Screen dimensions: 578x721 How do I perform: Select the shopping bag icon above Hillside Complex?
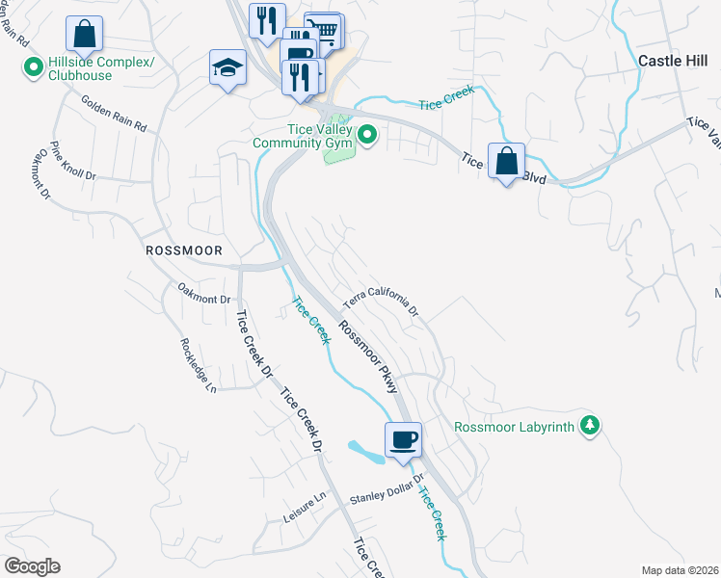pyautogui.click(x=85, y=35)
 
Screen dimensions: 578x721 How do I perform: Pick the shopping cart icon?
pyautogui.click(x=326, y=30)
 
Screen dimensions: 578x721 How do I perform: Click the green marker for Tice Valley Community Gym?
pyautogui.click(x=367, y=136)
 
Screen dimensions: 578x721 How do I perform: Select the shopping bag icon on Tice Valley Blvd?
pyautogui.click(x=506, y=160)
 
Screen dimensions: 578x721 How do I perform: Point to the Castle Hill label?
pyautogui.click(x=674, y=60)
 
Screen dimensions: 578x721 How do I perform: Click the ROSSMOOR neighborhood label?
pyautogui.click(x=183, y=250)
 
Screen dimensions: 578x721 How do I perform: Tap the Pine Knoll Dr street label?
pyautogui.click(x=74, y=161)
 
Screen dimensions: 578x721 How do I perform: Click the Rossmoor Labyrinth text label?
pyautogui.click(x=514, y=426)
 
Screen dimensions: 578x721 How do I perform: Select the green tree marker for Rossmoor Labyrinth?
pyautogui.click(x=590, y=425)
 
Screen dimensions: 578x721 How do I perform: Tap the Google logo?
pyautogui.click(x=32, y=566)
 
